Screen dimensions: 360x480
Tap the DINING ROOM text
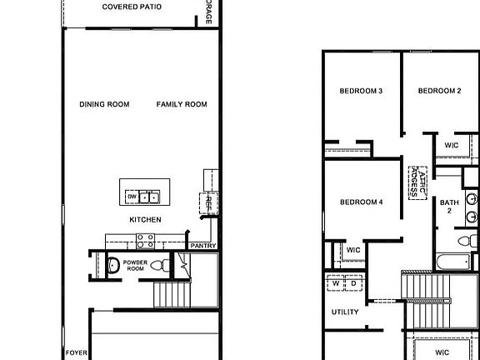point(104,104)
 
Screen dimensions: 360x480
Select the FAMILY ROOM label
point(182,104)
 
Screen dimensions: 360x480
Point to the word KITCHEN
point(145,219)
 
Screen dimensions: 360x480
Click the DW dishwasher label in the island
point(132,197)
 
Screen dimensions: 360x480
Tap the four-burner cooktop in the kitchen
point(145,241)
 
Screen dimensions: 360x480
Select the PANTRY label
point(203,246)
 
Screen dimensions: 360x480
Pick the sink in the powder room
point(112,266)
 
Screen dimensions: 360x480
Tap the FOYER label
point(76,352)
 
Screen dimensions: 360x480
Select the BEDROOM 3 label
point(361,91)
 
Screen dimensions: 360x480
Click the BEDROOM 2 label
point(439,91)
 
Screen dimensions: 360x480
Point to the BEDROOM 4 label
point(361,202)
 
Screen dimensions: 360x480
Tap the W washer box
point(336,283)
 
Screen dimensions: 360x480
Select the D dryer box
point(353,283)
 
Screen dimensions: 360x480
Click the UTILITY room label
point(345,312)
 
